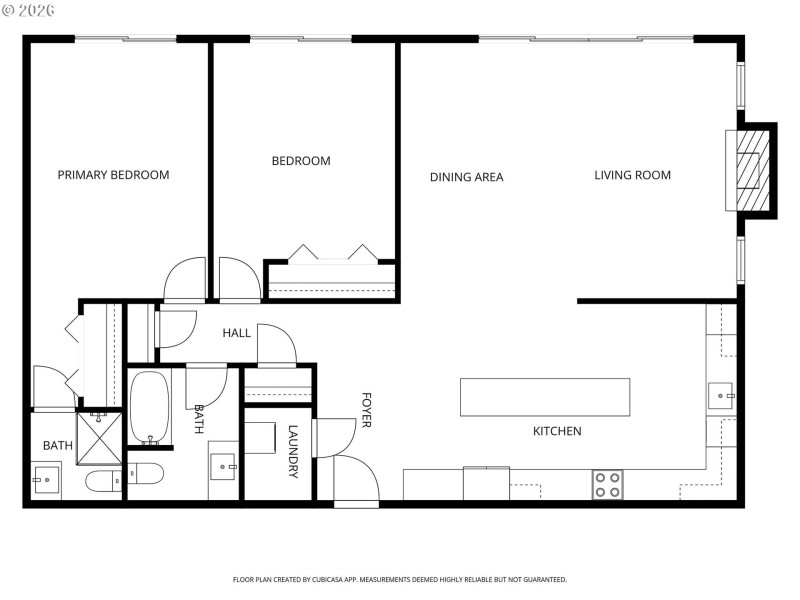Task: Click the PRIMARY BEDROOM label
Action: tap(113, 175)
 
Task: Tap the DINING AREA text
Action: tap(466, 177)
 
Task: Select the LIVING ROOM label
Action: tap(632, 176)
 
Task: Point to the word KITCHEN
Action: tap(557, 431)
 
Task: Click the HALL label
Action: tap(236, 333)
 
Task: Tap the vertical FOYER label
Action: tap(366, 410)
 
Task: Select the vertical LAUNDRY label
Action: tap(293, 452)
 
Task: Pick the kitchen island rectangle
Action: tap(544, 397)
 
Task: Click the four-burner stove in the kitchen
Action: tap(607, 485)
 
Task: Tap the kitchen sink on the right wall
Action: tap(721, 396)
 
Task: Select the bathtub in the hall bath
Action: tap(150, 408)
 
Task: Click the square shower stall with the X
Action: tap(101, 430)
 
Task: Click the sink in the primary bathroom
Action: tap(45, 481)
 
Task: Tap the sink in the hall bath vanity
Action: tap(224, 463)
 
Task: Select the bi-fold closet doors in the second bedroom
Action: tap(332, 253)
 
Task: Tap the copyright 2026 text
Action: tap(29, 9)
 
